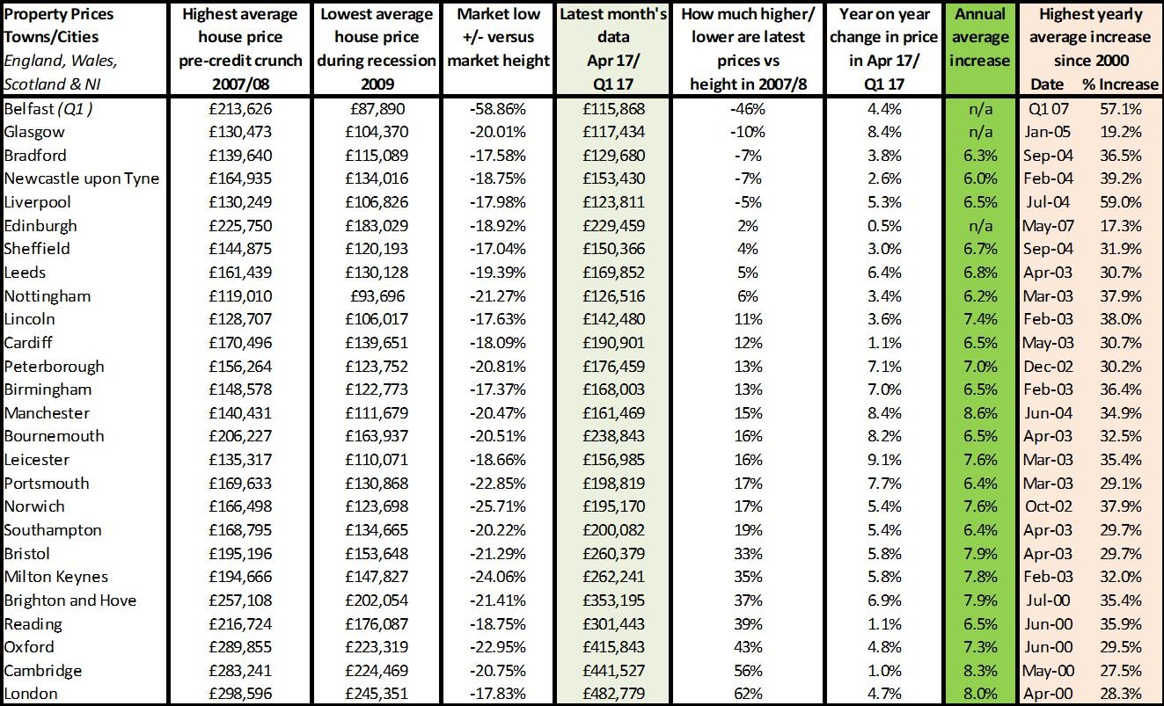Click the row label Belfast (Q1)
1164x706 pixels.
tap(48, 109)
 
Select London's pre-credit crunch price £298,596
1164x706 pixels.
tap(240, 694)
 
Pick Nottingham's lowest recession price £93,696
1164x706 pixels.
tap(377, 296)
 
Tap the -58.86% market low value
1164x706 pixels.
tap(497, 109)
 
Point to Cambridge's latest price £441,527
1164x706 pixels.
tap(613, 670)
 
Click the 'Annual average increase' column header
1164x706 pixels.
tap(980, 38)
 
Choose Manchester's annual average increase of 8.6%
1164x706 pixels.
tap(980, 413)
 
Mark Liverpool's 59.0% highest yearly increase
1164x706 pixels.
tap(1120, 202)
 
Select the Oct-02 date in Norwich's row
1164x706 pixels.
tap(1048, 506)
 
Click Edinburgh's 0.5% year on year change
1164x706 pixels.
tap(884, 226)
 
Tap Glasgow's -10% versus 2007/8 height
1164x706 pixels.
tap(747, 132)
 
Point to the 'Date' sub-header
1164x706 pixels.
tap(1047, 84)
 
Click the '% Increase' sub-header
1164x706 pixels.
tap(1120, 84)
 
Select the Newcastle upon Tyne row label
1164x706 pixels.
tap(82, 179)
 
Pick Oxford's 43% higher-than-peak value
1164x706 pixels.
tap(748, 647)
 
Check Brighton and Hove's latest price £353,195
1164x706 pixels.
tap(613, 600)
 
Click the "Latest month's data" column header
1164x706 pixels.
tap(613, 49)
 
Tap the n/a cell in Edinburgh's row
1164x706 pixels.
tap(980, 226)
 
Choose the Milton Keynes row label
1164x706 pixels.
tap(56, 577)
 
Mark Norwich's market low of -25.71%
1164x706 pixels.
tap(497, 506)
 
